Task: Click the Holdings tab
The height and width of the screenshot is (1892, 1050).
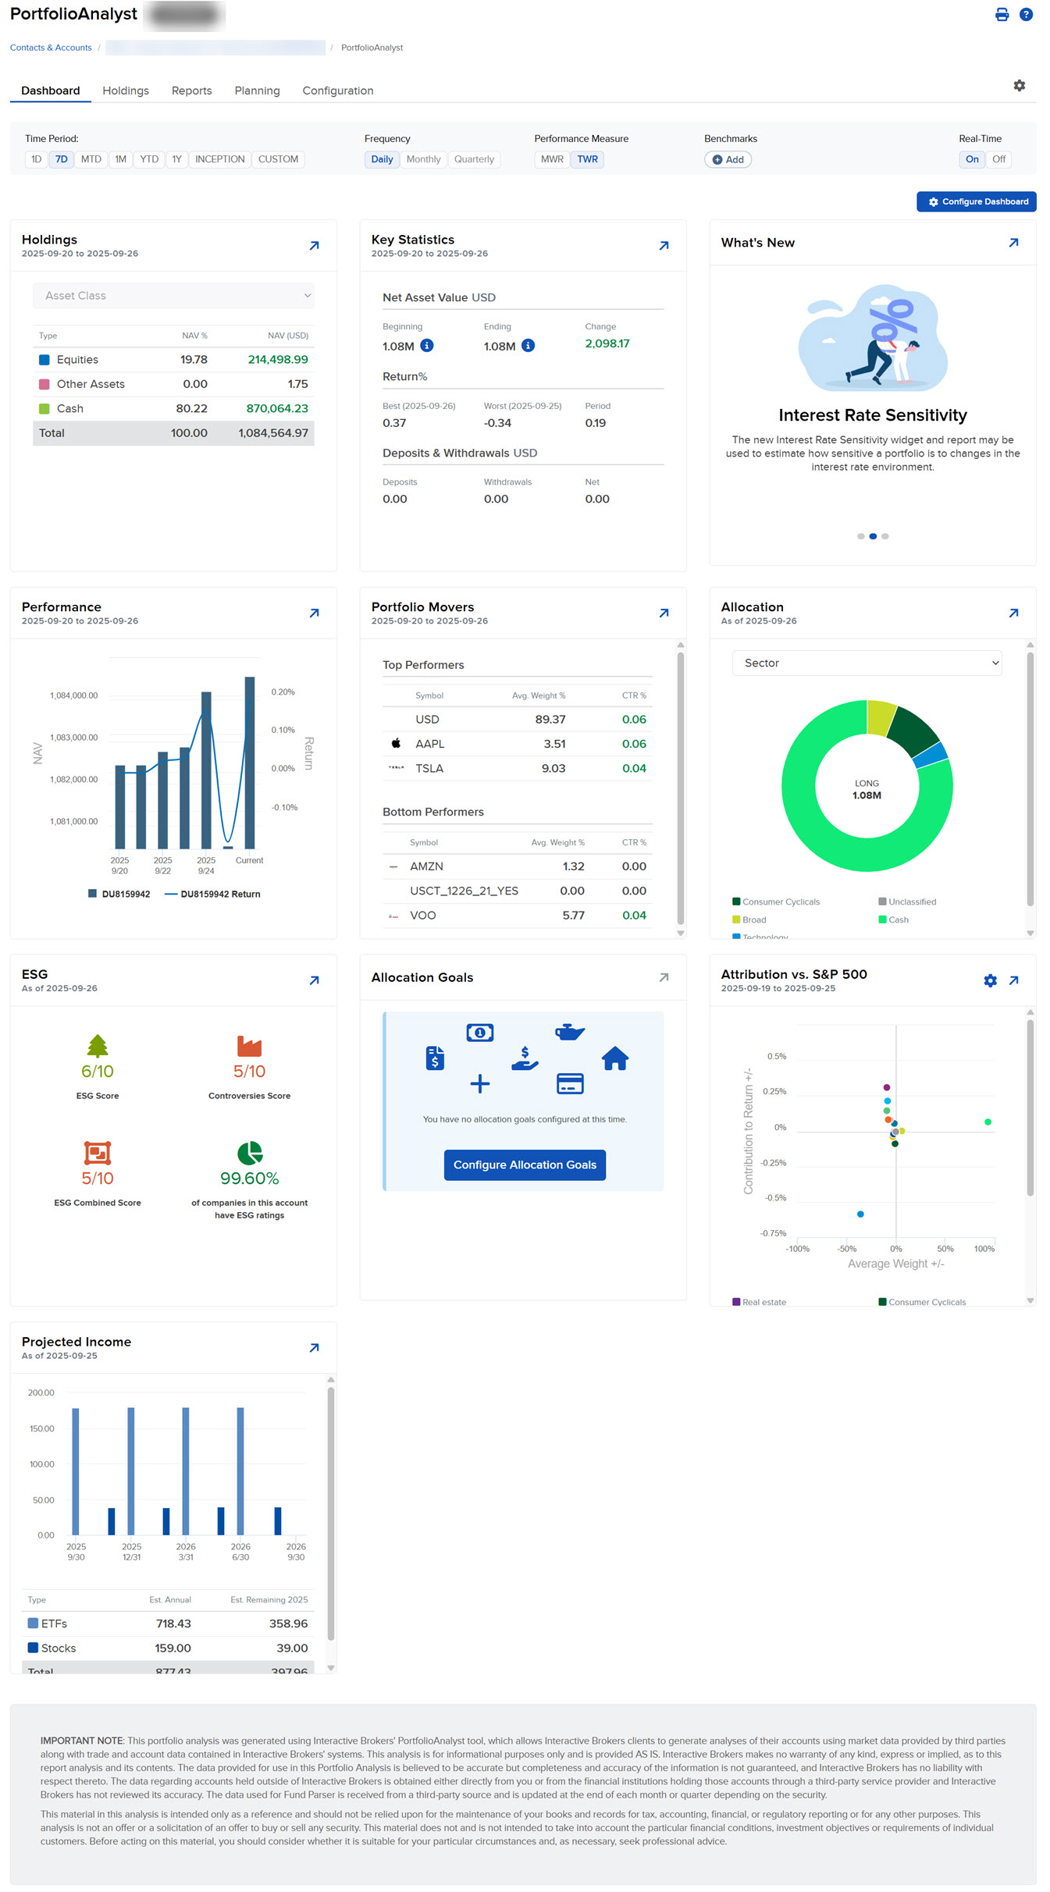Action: point(126,91)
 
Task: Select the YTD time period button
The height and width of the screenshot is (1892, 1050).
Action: point(149,159)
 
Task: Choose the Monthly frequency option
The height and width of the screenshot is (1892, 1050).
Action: point(423,159)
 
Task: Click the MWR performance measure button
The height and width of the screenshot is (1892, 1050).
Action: point(552,159)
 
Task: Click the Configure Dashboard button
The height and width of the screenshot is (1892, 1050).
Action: point(976,201)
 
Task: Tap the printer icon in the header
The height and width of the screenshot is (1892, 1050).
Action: point(1002,15)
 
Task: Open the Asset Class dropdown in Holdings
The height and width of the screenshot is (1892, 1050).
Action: point(173,296)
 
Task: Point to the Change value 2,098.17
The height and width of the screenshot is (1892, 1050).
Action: point(607,343)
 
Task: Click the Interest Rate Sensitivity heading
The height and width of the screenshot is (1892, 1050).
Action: point(872,415)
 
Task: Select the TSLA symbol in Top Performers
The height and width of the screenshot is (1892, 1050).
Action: point(429,769)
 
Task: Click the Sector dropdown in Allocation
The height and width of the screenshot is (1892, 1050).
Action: point(867,663)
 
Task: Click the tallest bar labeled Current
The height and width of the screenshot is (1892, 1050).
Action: point(250,762)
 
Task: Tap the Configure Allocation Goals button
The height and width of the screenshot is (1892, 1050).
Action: point(525,1165)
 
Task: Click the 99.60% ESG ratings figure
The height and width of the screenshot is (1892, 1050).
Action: point(249,1179)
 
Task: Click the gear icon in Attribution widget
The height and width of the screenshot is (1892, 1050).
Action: point(990,981)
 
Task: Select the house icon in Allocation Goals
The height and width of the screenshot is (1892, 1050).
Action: point(615,1058)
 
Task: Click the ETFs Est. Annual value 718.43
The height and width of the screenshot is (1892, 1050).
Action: point(173,1623)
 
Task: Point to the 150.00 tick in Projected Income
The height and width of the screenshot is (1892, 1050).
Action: point(41,1428)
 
